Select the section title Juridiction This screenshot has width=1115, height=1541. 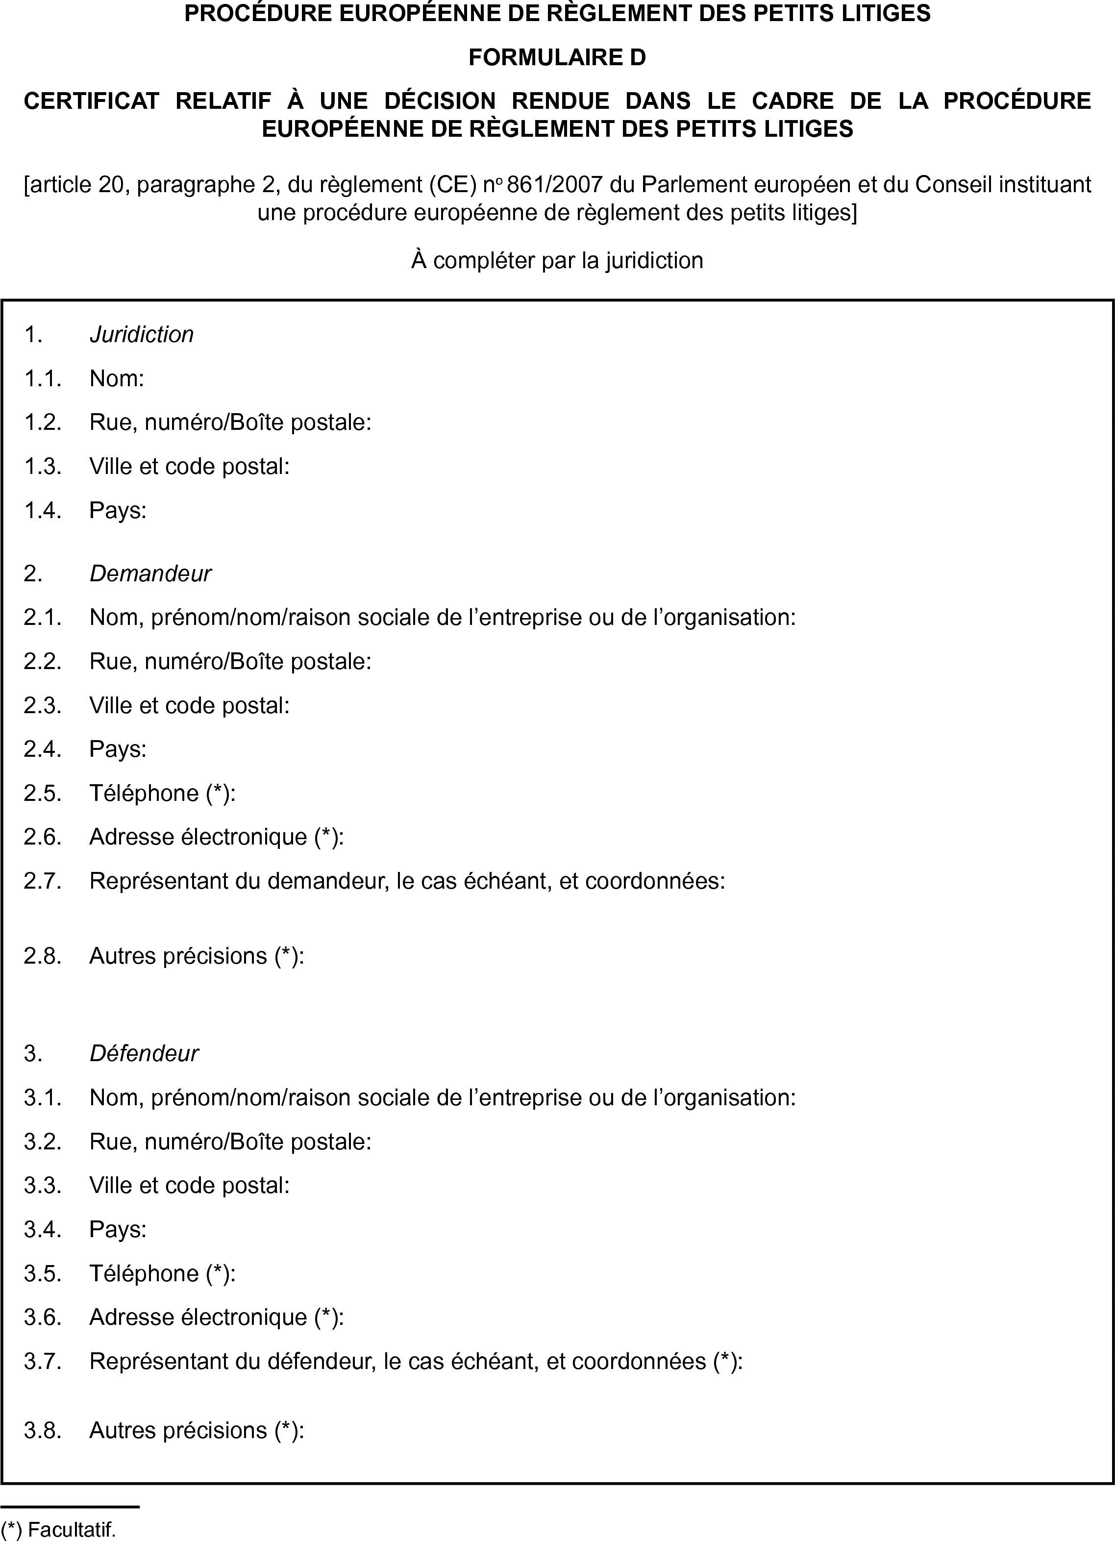point(141,334)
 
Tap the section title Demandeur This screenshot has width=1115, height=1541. point(150,573)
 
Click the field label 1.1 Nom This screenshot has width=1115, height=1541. point(116,378)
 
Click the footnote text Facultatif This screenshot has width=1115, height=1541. point(72,1529)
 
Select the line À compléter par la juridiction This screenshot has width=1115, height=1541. point(557,260)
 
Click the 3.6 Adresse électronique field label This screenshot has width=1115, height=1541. point(216,1317)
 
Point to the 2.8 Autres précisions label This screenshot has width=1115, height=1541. point(197,956)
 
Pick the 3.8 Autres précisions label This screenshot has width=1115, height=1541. point(197,1430)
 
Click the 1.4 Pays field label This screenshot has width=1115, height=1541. point(118,510)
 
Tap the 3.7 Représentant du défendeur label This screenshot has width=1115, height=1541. point(416,1361)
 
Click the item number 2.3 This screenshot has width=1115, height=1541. point(42,705)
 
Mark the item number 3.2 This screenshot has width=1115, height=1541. point(42,1142)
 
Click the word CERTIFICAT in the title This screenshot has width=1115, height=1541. point(91,100)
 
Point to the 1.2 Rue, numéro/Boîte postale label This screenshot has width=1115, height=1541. point(230,422)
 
